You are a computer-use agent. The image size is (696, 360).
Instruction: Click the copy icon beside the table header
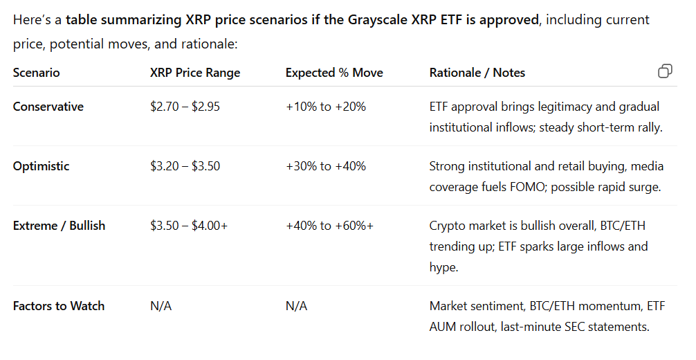pos(665,71)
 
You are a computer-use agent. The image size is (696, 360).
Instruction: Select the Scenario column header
pos(36,73)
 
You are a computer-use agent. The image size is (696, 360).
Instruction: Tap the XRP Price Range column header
pos(194,73)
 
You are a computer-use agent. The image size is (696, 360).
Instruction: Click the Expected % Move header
pos(334,73)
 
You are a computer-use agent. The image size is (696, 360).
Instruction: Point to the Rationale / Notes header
pos(477,73)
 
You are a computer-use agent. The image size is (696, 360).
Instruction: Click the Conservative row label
pos(48,107)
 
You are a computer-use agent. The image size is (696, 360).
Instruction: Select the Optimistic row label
pos(41,166)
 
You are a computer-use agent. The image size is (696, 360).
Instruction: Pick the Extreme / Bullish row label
pos(59,226)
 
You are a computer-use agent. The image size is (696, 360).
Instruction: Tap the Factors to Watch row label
pos(58,306)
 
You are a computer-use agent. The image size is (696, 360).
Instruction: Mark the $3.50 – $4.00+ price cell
pos(188,226)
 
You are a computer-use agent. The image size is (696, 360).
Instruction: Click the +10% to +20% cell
pos(325,107)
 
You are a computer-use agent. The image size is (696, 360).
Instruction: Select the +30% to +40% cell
pos(325,166)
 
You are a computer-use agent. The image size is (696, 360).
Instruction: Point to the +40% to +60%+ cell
pos(329,226)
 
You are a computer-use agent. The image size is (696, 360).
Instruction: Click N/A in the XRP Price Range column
pos(161,306)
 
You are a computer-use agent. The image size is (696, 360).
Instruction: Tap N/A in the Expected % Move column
pos(296,306)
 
